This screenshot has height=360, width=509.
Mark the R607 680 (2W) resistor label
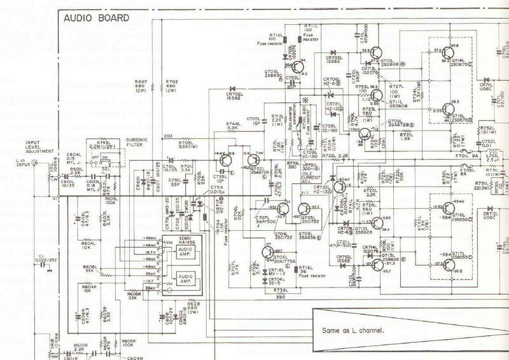[x=141, y=87]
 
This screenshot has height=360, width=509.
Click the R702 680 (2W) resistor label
[x=171, y=87]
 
